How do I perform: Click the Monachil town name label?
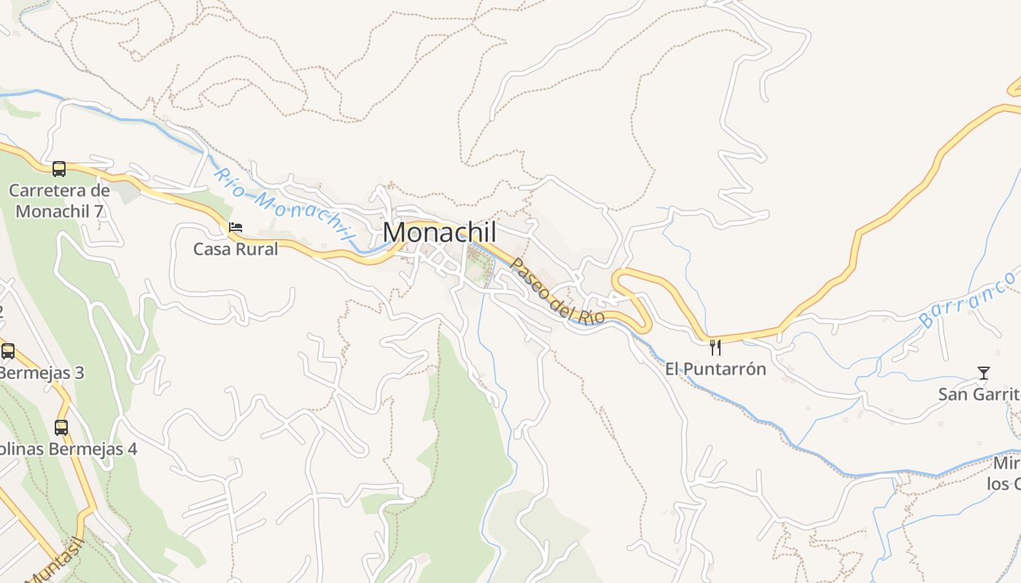pos(440,232)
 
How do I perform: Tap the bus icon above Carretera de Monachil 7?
pos(59,169)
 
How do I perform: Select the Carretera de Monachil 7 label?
pos(59,201)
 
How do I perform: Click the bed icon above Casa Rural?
pos(236,227)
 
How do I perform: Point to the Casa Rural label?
pos(236,249)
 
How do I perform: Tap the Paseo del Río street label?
pos(557,291)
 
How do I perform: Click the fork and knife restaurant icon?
pos(715,348)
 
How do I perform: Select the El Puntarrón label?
pos(715,369)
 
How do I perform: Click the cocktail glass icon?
pos(984,373)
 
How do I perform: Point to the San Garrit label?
pos(979,394)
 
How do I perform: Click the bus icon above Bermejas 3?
pos(8,351)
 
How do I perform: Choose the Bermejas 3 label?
pos(42,373)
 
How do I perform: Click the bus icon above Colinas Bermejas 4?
pos(61,428)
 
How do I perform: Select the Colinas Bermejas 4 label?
pos(68,449)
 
